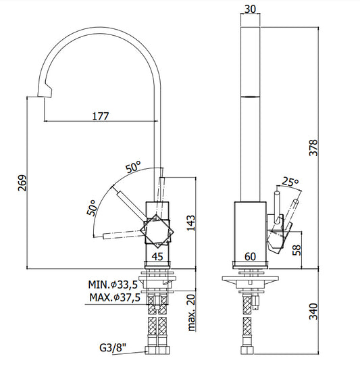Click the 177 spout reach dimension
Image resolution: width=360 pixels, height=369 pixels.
[101, 116]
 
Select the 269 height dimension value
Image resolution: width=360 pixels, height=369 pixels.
[23, 183]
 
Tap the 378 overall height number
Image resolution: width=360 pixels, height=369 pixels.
[313, 148]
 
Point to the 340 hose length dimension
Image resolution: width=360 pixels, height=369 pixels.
[313, 312]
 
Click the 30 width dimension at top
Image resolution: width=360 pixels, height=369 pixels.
[250, 9]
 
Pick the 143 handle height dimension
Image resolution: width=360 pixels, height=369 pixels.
[191, 223]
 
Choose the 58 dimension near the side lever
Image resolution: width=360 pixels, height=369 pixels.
[297, 250]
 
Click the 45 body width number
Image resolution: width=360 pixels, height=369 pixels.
[157, 257]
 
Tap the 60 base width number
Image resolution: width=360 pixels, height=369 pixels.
[250, 257]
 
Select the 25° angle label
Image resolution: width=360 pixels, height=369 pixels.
[290, 182]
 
